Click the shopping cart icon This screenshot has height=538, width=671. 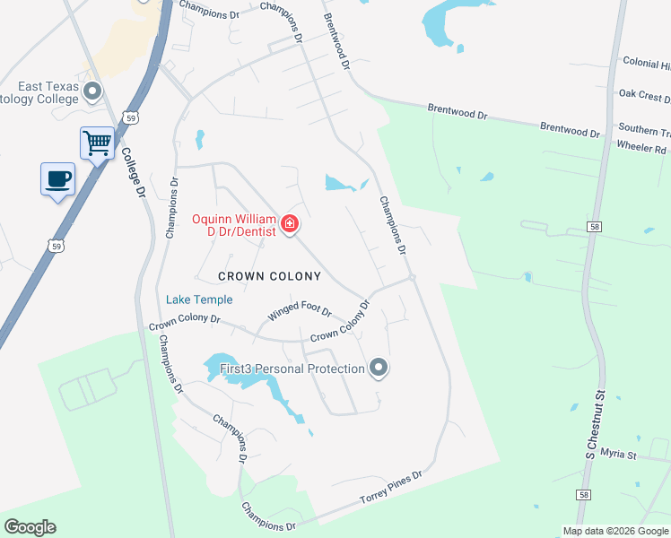coord(97,142)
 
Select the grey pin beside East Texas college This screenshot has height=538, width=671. coord(92,91)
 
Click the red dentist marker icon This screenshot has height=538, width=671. coord(290,223)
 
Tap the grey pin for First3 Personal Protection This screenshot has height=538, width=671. coord(379,367)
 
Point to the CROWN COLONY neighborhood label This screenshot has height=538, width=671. coord(269,276)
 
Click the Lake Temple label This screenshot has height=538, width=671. coord(199,299)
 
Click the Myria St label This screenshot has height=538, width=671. coord(618,455)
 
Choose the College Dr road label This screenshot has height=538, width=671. coord(132,171)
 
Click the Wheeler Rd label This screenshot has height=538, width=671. coord(641,148)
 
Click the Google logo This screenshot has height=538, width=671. coord(30,527)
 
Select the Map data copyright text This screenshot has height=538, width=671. coord(615,531)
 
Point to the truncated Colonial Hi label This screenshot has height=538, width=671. coord(646,65)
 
